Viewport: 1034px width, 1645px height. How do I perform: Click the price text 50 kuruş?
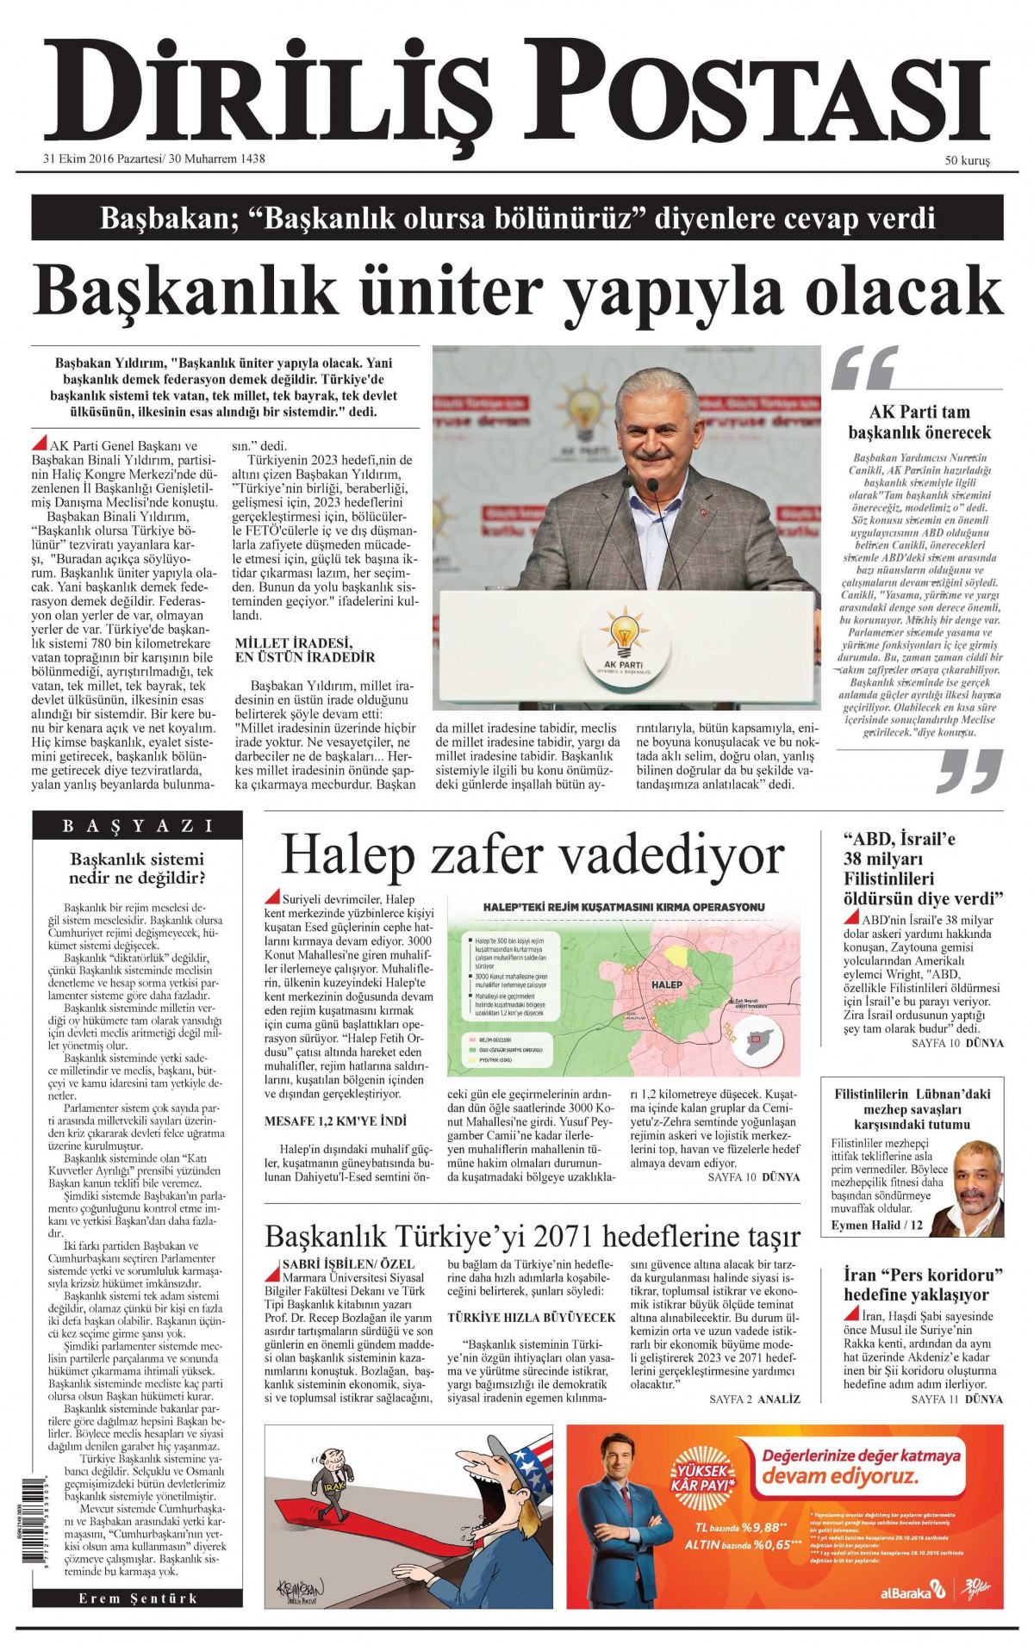point(967,160)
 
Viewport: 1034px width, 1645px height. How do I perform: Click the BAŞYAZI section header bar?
point(138,826)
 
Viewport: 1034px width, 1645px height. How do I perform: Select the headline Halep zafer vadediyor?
point(533,855)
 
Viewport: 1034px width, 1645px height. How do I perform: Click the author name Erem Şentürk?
point(138,1598)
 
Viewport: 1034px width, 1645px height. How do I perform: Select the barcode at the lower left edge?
point(18,1532)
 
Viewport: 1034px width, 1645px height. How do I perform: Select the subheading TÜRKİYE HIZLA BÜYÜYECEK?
point(532,1318)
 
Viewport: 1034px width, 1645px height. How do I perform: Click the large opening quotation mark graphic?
point(863,368)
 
